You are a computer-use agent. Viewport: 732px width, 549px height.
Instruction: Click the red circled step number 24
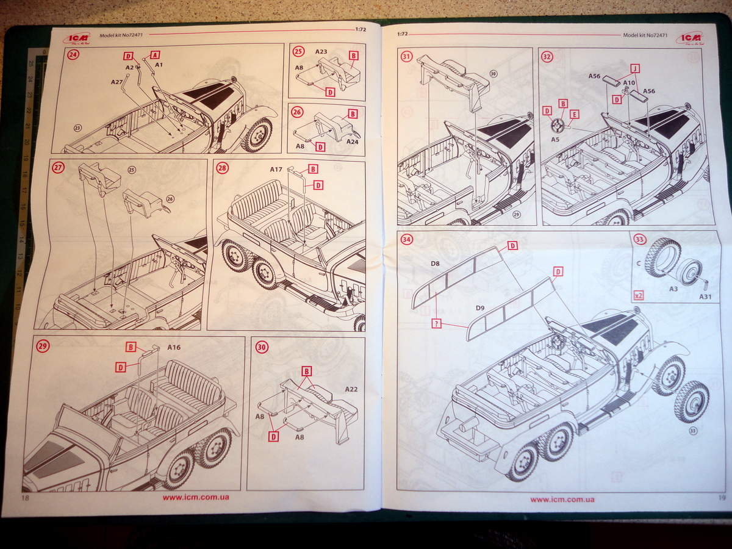coord(74,54)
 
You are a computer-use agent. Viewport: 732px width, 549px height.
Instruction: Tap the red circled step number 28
coord(221,168)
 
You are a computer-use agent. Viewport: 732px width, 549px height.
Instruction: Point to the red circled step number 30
coord(262,346)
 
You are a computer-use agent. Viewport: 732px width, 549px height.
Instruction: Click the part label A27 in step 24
coord(117,81)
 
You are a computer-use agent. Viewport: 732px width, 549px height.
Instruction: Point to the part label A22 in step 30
coord(352,389)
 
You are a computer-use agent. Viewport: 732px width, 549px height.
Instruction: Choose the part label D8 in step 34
coord(435,264)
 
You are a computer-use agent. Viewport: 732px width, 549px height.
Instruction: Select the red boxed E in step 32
coord(574,114)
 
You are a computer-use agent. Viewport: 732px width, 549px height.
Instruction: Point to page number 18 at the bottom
coord(26,498)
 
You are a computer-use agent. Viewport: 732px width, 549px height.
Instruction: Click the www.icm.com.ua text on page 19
coord(562,500)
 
